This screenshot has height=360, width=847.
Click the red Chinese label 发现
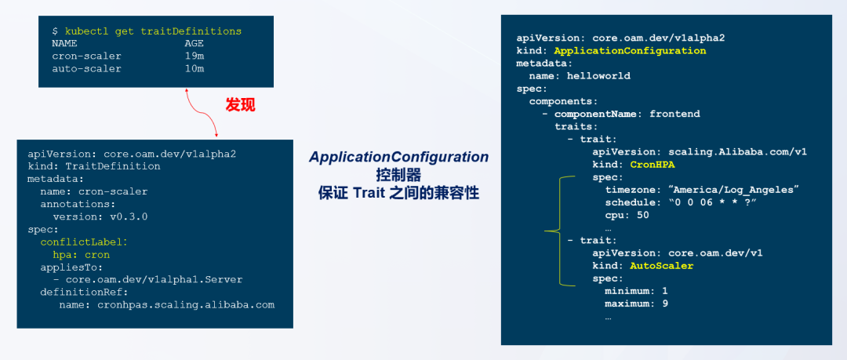click(240, 104)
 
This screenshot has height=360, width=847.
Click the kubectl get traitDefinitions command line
click(147, 31)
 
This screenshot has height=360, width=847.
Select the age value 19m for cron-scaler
click(194, 56)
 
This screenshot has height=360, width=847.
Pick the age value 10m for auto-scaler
click(194, 68)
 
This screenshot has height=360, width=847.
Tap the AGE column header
click(194, 43)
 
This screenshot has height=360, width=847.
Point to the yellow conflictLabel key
click(83, 242)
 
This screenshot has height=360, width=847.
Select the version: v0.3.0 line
click(100, 216)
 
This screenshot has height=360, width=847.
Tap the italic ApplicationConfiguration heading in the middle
click(398, 157)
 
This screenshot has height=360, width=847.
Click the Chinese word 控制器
click(398, 174)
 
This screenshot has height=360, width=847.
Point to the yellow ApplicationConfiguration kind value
click(630, 50)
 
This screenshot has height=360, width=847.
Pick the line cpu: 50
click(627, 215)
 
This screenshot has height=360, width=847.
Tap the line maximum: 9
click(636, 303)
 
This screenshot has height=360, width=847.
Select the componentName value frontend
click(674, 114)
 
